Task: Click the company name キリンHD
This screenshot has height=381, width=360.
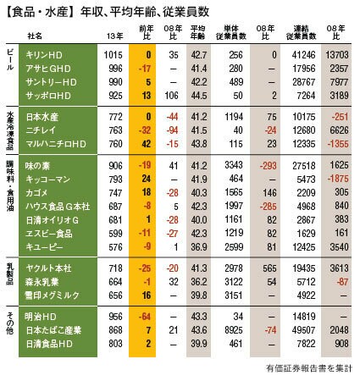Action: [44, 55]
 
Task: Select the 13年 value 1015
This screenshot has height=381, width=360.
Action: [113, 55]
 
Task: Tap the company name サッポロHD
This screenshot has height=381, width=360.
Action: [48, 96]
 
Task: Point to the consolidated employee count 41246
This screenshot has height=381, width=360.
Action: [303, 55]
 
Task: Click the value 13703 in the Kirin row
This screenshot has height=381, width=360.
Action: [337, 55]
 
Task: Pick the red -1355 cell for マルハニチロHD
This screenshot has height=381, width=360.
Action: [338, 144]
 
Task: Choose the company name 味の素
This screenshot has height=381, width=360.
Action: [37, 166]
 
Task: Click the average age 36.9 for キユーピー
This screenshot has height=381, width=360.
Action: [199, 247]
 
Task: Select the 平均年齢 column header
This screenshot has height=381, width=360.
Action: [198, 32]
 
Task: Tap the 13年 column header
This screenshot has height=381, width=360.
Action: [115, 36]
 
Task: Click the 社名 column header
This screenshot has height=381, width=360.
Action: [35, 36]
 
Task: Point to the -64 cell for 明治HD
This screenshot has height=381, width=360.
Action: [145, 317]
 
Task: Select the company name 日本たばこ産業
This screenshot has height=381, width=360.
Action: [53, 330]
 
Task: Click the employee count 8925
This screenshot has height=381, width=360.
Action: [234, 330]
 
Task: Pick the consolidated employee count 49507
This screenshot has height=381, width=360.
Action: [303, 330]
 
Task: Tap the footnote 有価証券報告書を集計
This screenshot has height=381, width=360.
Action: [309, 368]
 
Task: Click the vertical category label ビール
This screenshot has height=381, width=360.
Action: [10, 60]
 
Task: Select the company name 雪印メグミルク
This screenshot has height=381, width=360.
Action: [53, 295]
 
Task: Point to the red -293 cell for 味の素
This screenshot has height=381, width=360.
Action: [268, 166]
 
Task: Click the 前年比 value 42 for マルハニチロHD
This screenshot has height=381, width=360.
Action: [147, 144]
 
